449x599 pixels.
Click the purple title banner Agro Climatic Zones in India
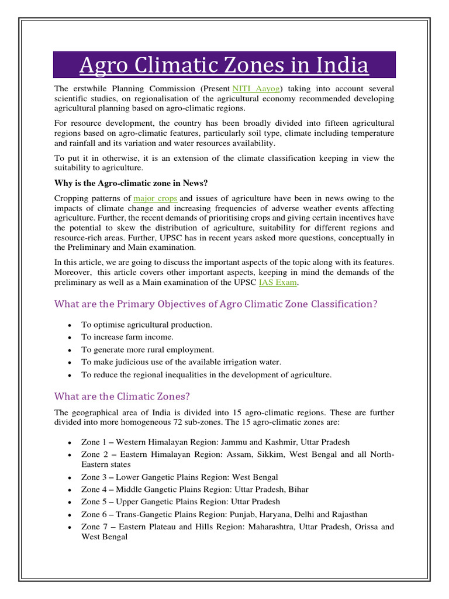[224, 65]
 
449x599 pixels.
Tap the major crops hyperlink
[155, 198]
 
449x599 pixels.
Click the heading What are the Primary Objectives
[216, 304]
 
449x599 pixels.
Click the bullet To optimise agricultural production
[147, 325]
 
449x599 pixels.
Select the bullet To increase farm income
[127, 337]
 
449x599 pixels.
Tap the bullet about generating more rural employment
[147, 350]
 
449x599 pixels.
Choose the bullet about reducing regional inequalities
[206, 375]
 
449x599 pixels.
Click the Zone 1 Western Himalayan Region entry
[215, 442]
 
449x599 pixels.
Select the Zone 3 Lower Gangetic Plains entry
[179, 477]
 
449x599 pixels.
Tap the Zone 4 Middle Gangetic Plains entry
[195, 490]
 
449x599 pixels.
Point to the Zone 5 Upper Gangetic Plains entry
[180, 502]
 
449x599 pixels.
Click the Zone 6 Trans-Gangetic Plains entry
[224, 515]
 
